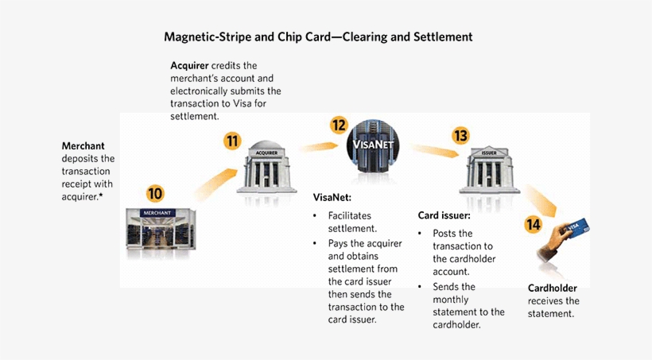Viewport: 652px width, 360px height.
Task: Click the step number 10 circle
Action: [x=156, y=193]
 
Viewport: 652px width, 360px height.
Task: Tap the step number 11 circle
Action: [x=232, y=141]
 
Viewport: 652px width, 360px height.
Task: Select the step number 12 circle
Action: [x=340, y=125]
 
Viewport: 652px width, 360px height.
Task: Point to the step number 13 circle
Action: [x=460, y=135]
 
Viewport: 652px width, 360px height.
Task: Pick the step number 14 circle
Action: [x=533, y=225]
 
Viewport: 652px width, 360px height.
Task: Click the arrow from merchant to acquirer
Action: [x=214, y=180]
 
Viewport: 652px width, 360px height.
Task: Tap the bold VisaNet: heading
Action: [x=332, y=196]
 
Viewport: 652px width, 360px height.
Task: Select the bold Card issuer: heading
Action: [x=444, y=215]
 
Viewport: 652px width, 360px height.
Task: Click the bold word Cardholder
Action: [x=553, y=288]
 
